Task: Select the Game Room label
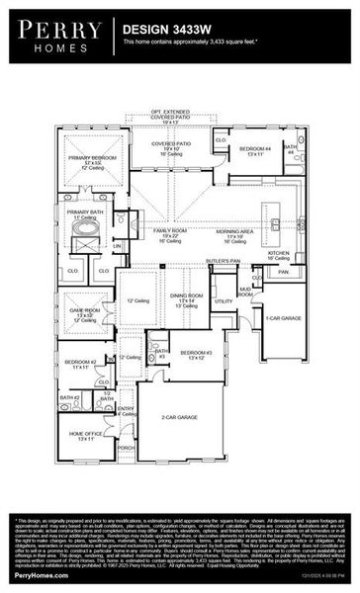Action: pos(84,311)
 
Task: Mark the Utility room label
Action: pos(225,300)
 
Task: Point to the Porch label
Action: pos(126,447)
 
